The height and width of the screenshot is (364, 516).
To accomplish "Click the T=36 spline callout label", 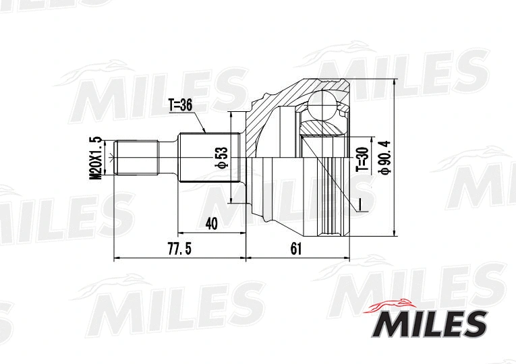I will click(180, 104).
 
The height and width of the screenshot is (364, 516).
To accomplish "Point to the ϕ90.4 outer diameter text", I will click(386, 158).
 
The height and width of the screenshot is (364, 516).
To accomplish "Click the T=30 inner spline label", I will click(362, 160).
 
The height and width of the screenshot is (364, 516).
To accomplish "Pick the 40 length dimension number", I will click(212, 223).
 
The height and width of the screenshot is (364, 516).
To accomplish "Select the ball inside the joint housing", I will click(322, 108).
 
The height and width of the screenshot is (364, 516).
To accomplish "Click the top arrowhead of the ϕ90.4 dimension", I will click(394, 83).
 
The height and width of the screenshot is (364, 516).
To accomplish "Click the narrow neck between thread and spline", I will click(168, 158).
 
